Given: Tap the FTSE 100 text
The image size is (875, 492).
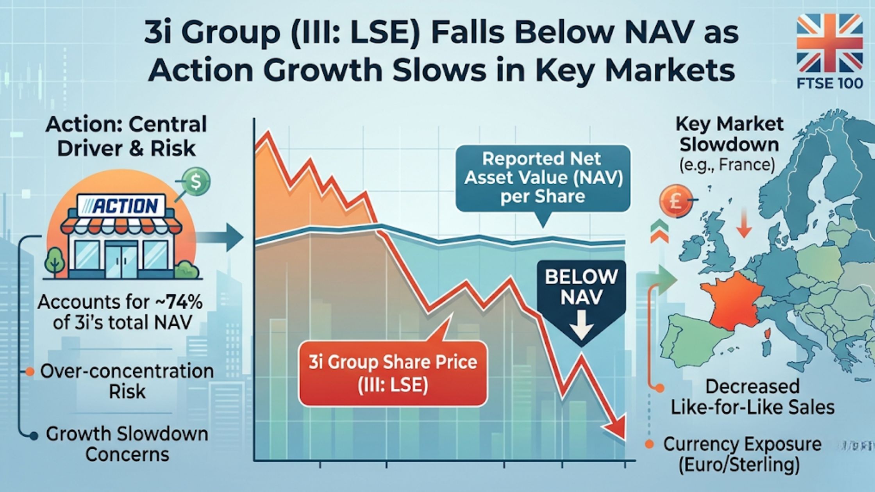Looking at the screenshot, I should pos(830,83).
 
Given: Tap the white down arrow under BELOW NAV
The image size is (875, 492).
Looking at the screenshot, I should pos(581,325).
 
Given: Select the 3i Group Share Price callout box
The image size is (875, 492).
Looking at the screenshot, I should pos(393,373).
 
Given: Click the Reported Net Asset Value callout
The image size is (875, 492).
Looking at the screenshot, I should pos(543,178).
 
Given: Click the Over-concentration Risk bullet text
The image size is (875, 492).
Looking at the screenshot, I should pos(127,381).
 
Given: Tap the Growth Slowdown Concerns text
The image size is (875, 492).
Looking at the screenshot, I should pos(127,444).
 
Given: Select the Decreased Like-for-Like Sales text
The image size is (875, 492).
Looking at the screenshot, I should pos(752,397).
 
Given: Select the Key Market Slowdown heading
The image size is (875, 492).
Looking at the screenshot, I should pos(729,135).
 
